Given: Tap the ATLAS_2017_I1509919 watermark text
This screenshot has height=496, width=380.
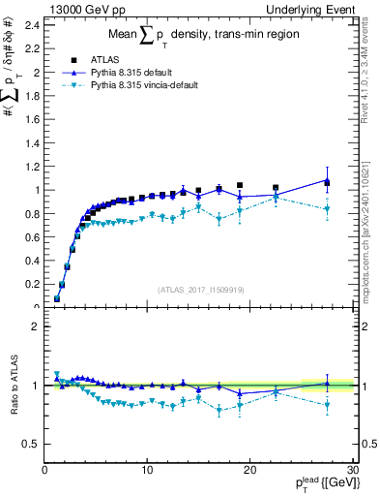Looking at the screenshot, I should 199,289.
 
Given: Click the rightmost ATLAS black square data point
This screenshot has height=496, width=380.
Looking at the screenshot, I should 327,183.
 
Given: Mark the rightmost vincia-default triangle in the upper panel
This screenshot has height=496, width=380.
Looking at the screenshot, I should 327,209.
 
